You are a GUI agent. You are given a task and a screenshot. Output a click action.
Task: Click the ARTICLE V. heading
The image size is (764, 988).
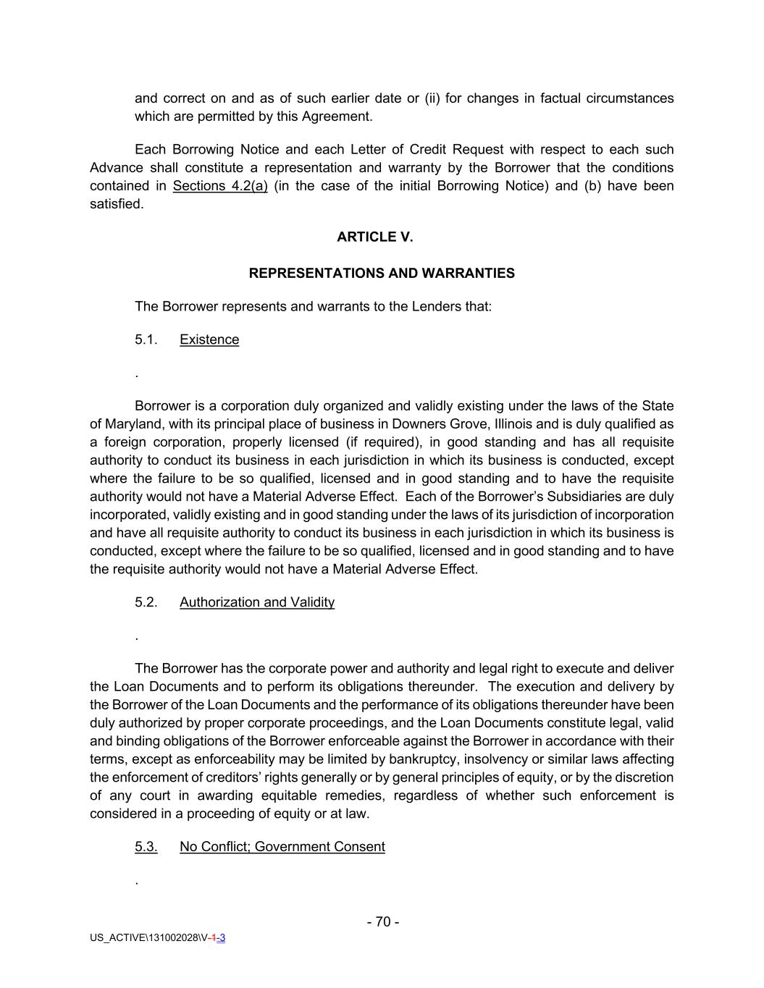tap(374, 237)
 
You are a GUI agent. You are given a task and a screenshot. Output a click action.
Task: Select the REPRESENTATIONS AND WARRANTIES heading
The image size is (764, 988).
tap(382, 273)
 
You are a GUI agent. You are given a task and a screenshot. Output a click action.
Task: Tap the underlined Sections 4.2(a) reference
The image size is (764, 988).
tap(220, 186)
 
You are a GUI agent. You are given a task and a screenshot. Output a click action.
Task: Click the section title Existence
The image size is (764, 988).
tap(209, 339)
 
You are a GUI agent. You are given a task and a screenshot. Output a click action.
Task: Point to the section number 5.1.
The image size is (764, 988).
tap(146, 339)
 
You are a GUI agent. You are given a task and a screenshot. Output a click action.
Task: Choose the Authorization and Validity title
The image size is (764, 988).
tap(257, 602)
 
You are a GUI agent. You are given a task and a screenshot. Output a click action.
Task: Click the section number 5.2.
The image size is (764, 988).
tap(146, 602)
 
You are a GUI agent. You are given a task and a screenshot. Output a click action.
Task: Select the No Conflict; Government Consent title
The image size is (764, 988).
tap(282, 847)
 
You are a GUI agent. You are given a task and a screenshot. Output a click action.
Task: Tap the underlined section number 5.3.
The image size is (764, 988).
tap(146, 847)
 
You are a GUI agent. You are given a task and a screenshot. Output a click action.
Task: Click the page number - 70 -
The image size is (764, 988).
tap(383, 921)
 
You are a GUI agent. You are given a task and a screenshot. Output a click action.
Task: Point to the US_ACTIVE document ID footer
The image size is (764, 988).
tap(157, 938)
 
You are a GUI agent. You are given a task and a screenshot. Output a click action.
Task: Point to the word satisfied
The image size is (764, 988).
tap(116, 204)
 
